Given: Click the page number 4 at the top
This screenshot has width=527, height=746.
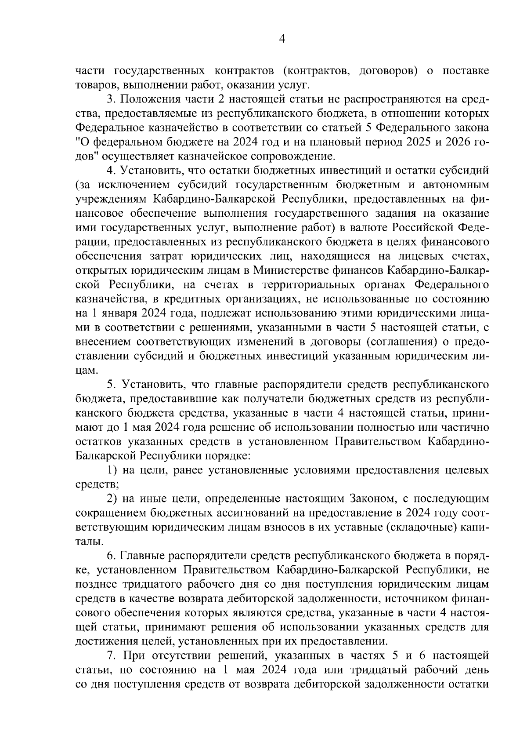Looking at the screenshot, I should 282,40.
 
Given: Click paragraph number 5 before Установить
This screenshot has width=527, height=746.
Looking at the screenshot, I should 111,384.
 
